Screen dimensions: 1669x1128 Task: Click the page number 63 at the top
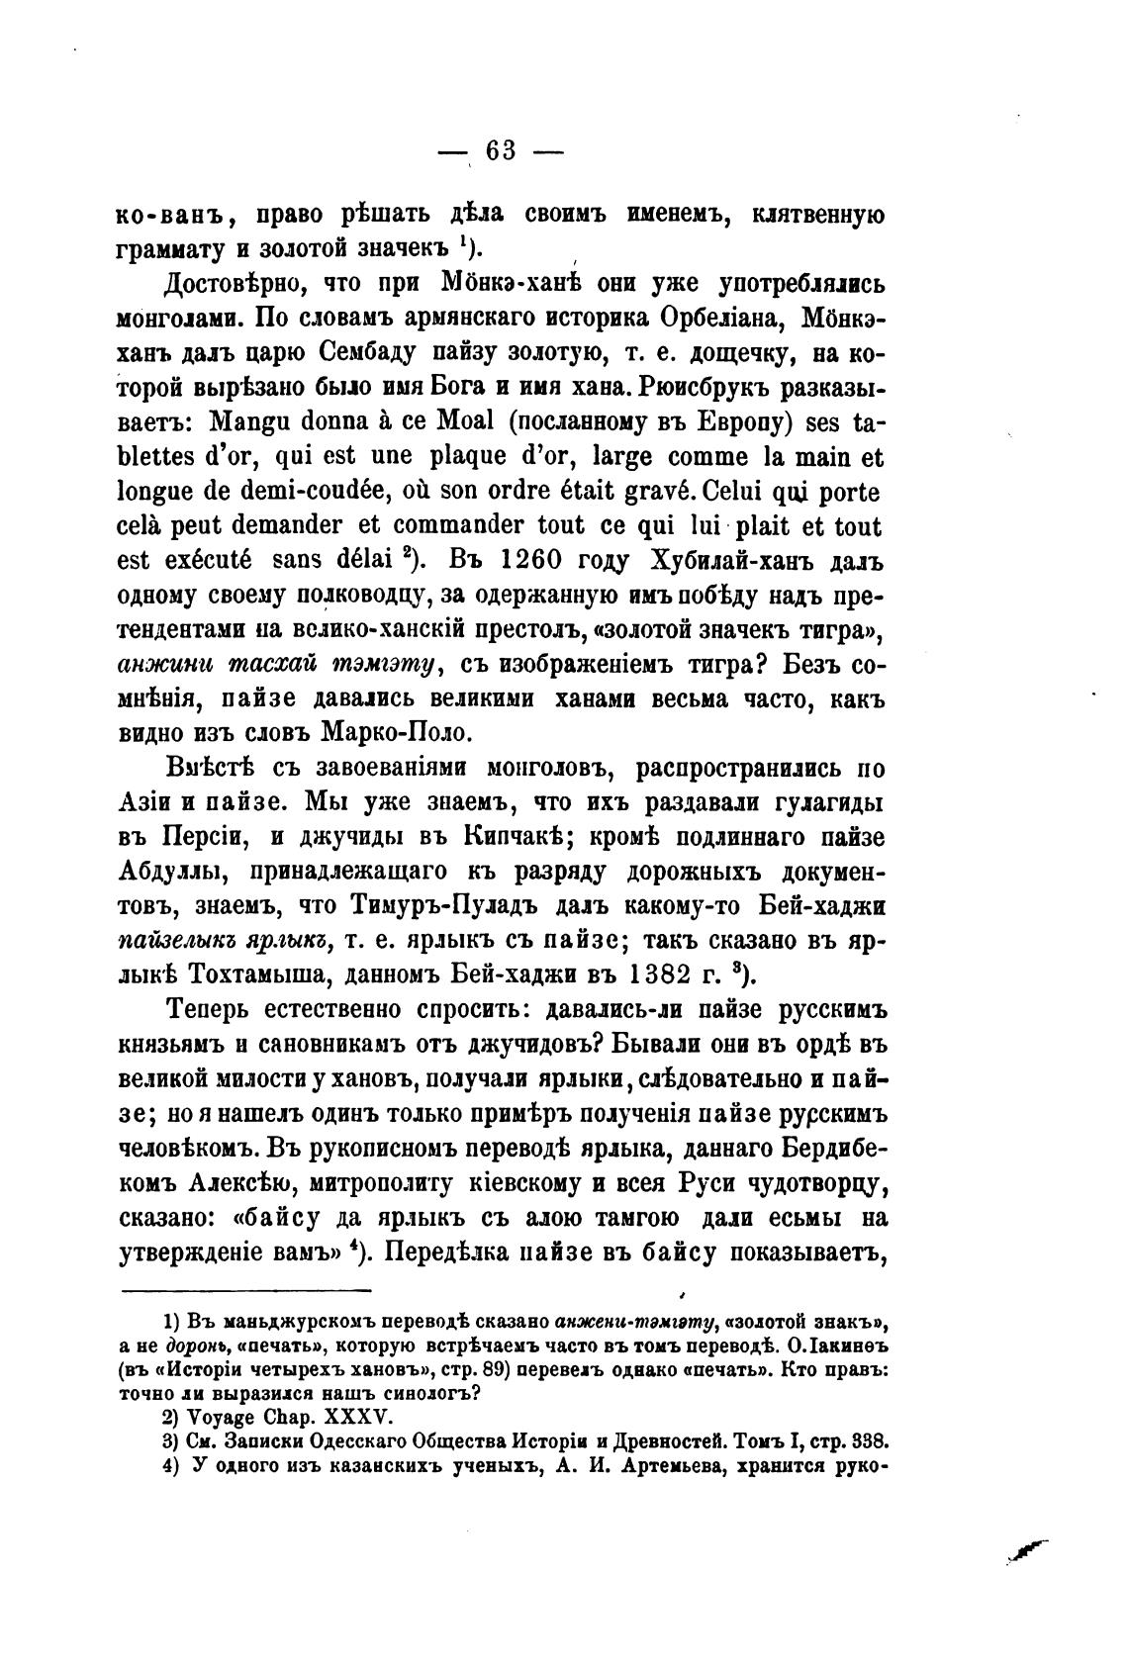[501, 150]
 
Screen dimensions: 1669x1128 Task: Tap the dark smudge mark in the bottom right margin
[1026, 1553]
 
